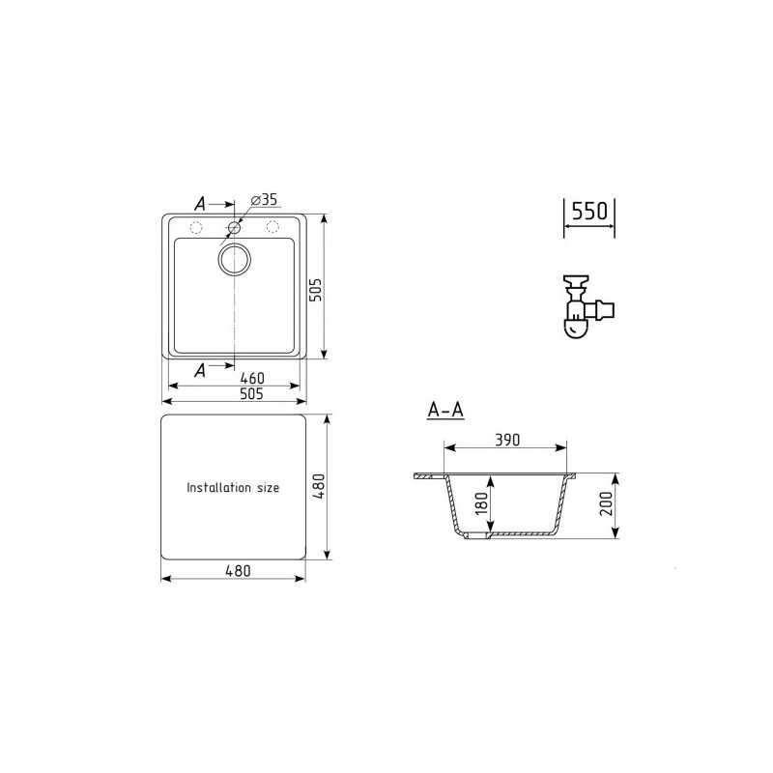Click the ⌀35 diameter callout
[263, 199]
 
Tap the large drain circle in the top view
[234, 258]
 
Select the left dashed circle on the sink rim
[195, 228]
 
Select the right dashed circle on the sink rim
[272, 228]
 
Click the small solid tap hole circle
[234, 229]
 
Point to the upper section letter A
[199, 204]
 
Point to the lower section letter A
[199, 369]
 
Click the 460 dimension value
[252, 377]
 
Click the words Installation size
[233, 488]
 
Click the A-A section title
[445, 411]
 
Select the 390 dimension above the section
[506, 440]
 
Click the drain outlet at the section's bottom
[472, 534]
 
